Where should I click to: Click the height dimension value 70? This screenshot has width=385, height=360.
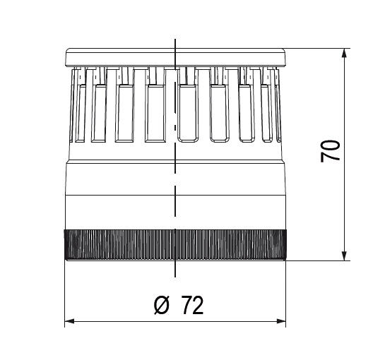(x=331, y=150)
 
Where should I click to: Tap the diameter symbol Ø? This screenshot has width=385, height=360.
(x=160, y=305)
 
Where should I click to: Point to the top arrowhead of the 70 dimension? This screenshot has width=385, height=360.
(x=345, y=54)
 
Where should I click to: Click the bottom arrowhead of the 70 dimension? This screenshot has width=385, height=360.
(x=345, y=255)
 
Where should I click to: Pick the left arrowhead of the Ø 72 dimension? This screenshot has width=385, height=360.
(x=69, y=322)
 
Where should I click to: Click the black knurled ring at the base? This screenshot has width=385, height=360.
(x=175, y=245)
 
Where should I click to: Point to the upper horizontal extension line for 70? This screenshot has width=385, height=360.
(x=318, y=49)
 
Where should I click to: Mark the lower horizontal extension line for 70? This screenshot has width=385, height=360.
(x=318, y=260)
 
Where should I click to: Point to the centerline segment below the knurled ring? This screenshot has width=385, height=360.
(x=175, y=268)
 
